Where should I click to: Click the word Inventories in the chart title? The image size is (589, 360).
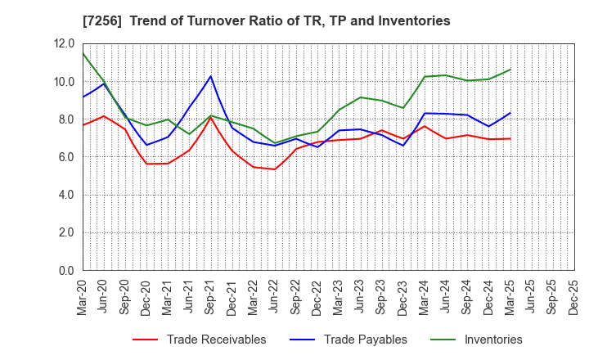[x=415, y=20]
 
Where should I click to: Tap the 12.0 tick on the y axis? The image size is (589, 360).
[x=65, y=44]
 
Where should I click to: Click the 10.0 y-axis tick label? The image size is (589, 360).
[x=65, y=82]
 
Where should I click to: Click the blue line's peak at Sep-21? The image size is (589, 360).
[x=210, y=76]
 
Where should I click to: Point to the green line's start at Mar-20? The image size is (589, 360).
[x=83, y=53]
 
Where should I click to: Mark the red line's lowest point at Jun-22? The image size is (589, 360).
[x=274, y=169]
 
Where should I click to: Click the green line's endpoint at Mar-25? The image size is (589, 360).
[x=510, y=70]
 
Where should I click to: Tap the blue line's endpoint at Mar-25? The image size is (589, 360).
[x=510, y=113]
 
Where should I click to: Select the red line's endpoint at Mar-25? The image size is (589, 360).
[x=510, y=138]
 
